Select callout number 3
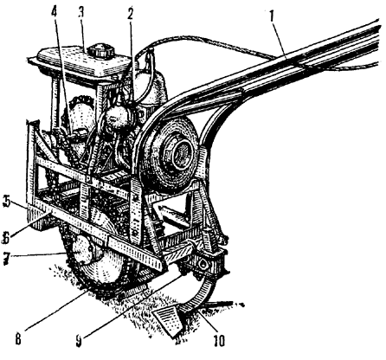82,13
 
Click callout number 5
6,202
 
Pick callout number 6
6,237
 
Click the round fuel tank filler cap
101,51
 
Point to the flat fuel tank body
82,62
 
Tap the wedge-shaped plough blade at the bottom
167,321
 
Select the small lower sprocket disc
83,249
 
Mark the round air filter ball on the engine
118,117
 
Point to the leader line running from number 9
132,305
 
